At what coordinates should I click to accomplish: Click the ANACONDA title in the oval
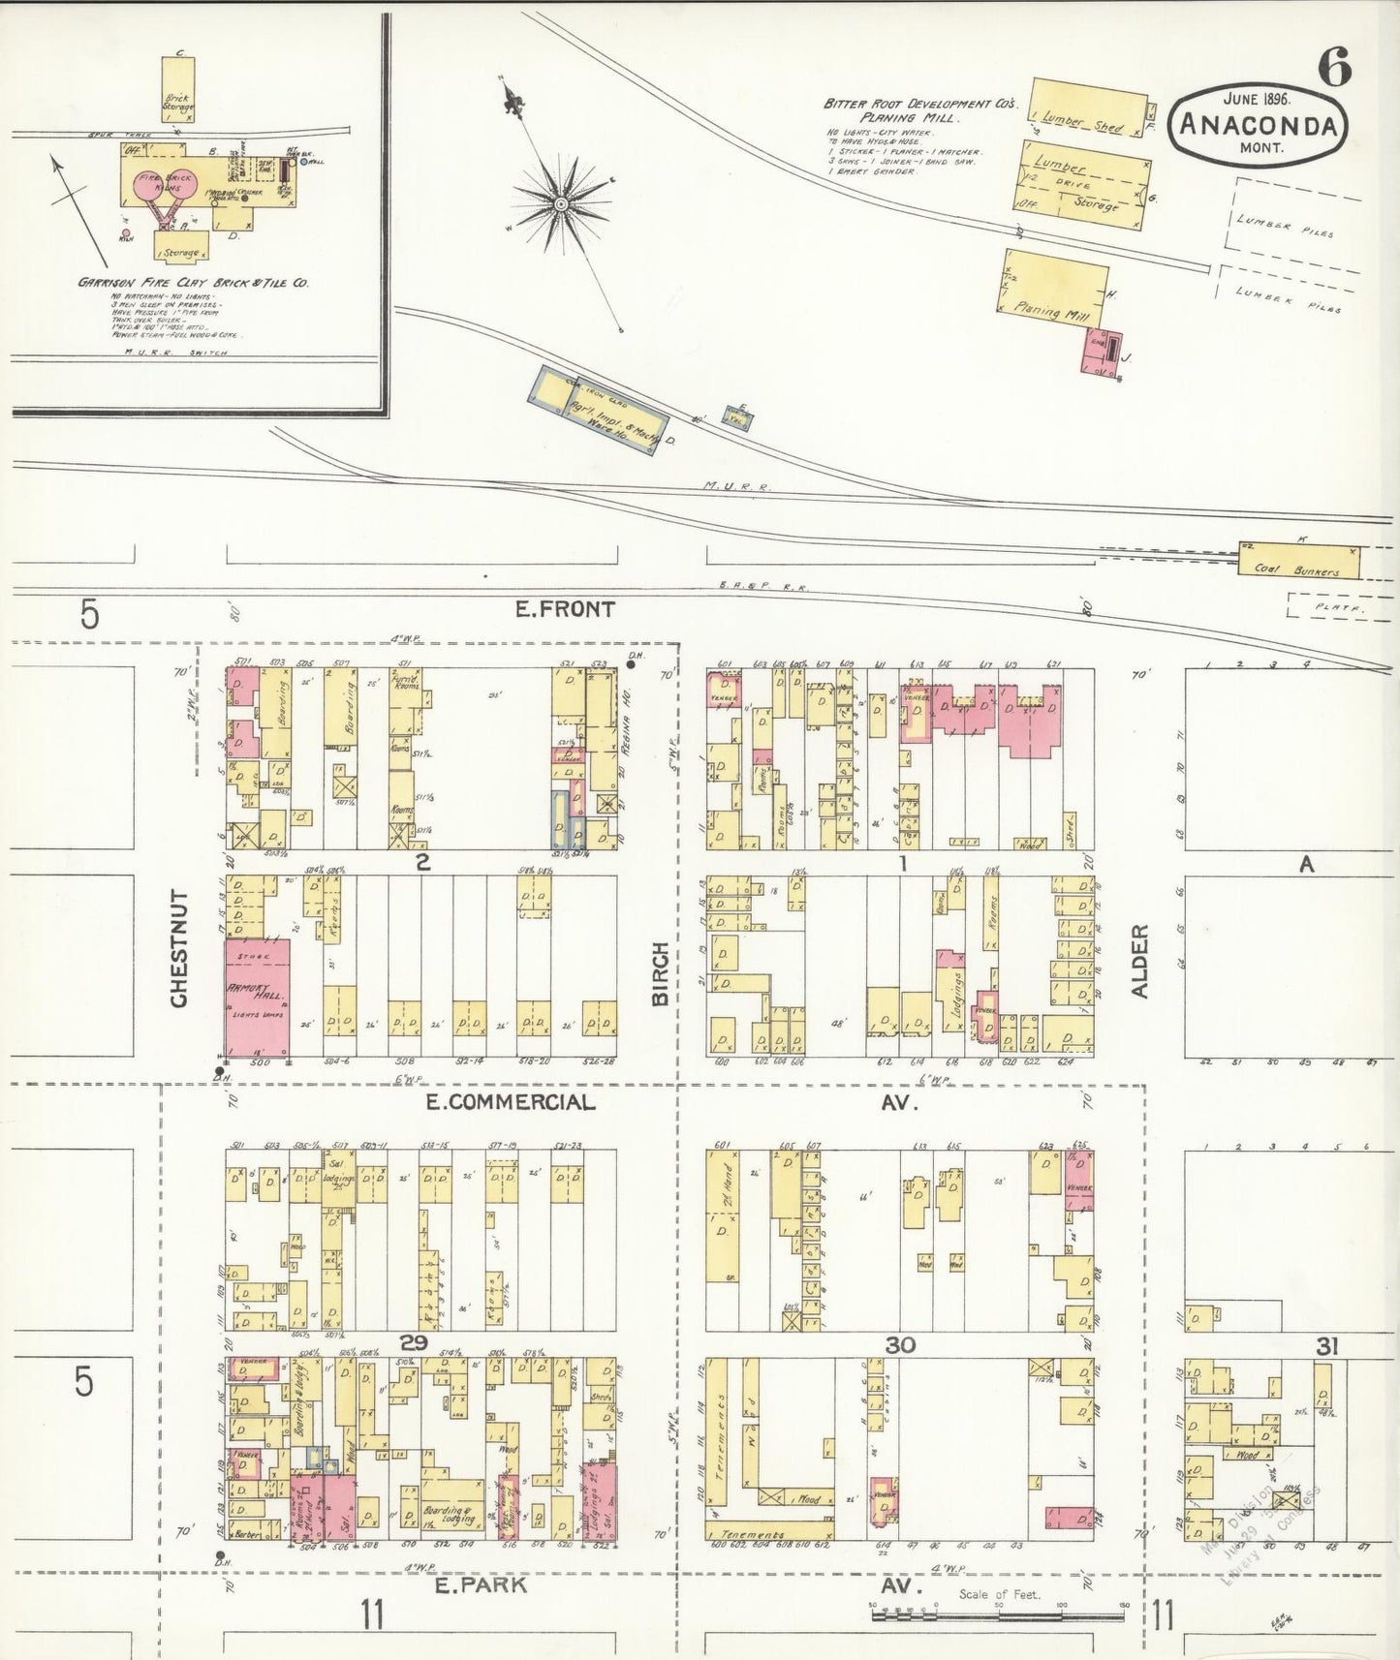click(1259, 126)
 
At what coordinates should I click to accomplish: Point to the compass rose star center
click(560, 203)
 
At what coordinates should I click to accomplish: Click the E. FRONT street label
click(564, 609)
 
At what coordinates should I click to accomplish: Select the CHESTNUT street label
click(179, 948)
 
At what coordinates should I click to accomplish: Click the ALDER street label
click(1139, 961)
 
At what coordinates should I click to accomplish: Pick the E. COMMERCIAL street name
click(522, 1102)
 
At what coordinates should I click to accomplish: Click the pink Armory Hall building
click(257, 998)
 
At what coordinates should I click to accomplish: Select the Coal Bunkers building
click(1298, 562)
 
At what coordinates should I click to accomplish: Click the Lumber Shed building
click(1087, 108)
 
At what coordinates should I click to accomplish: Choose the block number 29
click(414, 1343)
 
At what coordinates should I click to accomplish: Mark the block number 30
click(900, 1344)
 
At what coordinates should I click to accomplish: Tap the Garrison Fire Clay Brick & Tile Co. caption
click(194, 283)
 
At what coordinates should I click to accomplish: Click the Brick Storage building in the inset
click(177, 89)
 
